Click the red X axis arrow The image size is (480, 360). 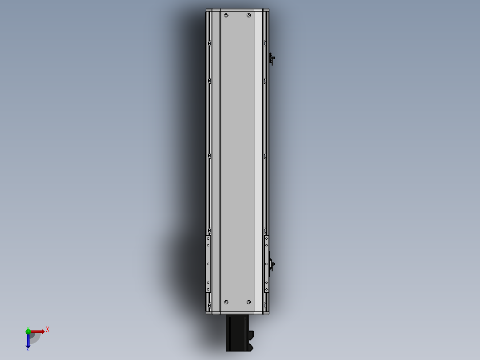click(37, 331)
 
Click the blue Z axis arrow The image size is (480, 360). click(28, 341)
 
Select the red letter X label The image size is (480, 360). click(47, 330)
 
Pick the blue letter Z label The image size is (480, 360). click(28, 349)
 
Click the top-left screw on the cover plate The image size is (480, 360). click(226, 16)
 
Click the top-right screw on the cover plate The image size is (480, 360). click(248, 16)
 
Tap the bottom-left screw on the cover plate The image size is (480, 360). click(226, 302)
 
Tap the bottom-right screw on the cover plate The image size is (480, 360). click(248, 302)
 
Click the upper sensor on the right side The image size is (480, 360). click(272, 58)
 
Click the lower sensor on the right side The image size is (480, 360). click(271, 265)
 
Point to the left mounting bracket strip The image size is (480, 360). click(208, 264)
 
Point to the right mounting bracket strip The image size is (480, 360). click(267, 264)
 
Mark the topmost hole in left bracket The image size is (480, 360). click(208, 238)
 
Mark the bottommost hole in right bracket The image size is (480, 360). click(267, 289)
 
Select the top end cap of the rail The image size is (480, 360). click(237, 10)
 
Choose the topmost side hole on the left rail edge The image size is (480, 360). click(210, 43)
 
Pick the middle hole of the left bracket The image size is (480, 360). click(208, 264)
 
